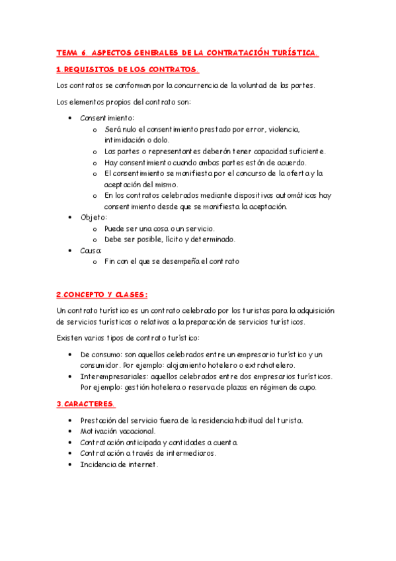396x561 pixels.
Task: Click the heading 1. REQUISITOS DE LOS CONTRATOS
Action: pos(127,69)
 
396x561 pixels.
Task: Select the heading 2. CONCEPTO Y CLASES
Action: pos(101,294)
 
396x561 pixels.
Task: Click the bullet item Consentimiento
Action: pos(107,118)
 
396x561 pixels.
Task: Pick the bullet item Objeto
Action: pos(93,217)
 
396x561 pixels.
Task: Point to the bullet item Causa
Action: pos(91,251)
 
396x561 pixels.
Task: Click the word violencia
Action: pos(282,129)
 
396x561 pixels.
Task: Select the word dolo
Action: pos(161,140)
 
